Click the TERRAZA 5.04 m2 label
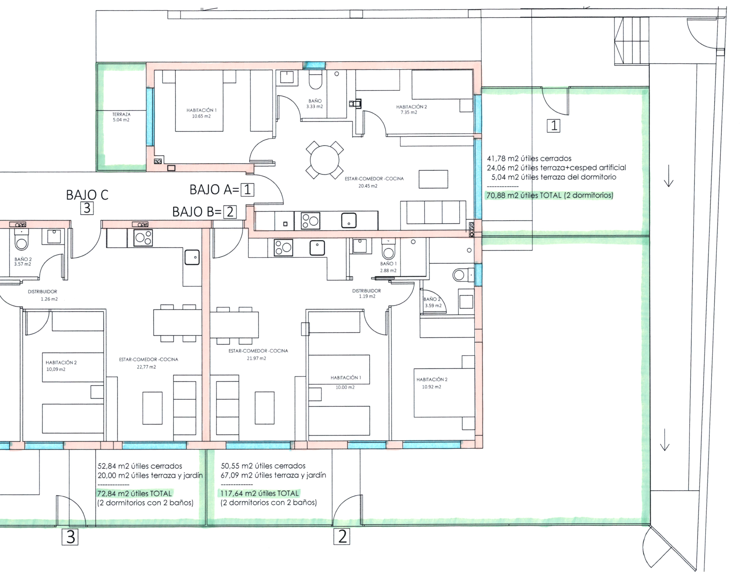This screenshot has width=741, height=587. click(x=121, y=117)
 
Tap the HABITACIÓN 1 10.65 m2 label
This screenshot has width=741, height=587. click(x=201, y=113)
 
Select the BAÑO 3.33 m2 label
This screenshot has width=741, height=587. click(x=315, y=104)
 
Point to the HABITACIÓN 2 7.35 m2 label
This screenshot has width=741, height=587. click(x=411, y=110)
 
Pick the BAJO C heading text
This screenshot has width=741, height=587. click(x=87, y=195)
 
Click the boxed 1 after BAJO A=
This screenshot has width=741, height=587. click(x=248, y=189)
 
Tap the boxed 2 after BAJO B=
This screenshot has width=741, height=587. click(x=230, y=211)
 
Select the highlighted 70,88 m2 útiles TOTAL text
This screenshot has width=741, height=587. click(x=549, y=196)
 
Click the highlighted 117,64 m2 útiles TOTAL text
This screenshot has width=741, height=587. click(x=259, y=493)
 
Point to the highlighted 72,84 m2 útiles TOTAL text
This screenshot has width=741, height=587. click(x=135, y=494)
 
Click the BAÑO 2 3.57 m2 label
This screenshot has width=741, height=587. click(x=23, y=261)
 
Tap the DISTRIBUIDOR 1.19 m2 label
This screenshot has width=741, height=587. click(x=366, y=293)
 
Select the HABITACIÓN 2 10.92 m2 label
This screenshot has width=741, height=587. click(x=432, y=383)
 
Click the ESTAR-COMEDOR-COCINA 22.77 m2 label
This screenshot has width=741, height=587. click(x=148, y=363)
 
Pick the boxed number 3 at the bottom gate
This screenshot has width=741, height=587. click(x=70, y=537)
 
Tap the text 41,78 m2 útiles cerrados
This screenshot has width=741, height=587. click(x=529, y=159)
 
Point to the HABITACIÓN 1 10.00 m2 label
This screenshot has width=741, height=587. click(x=346, y=382)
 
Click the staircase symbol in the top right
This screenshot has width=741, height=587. click(x=631, y=41)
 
